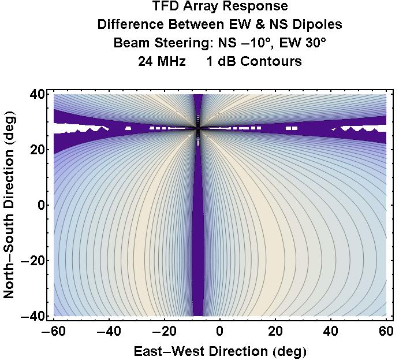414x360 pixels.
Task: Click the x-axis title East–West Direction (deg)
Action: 220,350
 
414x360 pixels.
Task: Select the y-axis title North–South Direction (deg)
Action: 10,205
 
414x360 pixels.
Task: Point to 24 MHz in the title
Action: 162,61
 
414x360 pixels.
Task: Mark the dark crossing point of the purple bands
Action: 198,130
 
